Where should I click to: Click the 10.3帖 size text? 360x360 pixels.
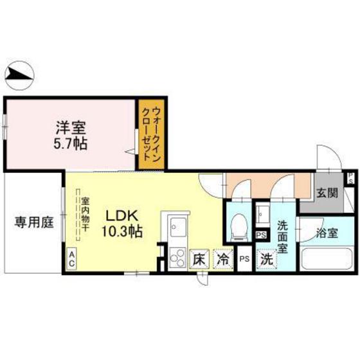click(x=120, y=231)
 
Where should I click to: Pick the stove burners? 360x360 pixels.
click(x=177, y=258)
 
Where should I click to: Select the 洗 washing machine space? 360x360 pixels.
click(x=265, y=260)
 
